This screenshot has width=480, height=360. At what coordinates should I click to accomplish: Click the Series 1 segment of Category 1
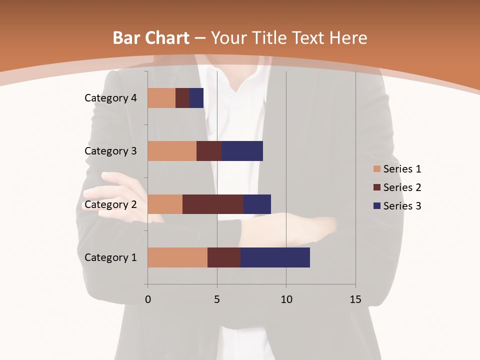point(177,257)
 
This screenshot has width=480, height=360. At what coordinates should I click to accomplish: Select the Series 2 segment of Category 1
point(224,257)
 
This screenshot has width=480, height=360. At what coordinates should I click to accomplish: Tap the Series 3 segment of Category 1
point(275,257)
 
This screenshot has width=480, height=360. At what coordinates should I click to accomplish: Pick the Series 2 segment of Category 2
point(213,204)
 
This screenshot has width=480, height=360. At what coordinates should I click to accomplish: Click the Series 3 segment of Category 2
point(257,204)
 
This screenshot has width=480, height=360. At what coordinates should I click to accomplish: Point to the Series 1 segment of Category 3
point(172,151)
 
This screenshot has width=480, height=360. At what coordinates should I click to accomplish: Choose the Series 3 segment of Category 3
point(242,151)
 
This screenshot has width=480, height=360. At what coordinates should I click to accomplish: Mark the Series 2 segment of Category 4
point(182,98)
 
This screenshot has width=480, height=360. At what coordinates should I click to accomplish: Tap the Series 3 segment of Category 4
point(196,98)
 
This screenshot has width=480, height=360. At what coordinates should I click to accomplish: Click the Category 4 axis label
point(110,98)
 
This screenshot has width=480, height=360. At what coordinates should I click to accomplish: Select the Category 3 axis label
point(110,151)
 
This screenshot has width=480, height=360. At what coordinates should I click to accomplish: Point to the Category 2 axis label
point(110,204)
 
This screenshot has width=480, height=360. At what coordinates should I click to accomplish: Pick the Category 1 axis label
point(110,257)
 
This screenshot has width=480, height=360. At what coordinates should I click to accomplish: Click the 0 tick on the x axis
point(147,299)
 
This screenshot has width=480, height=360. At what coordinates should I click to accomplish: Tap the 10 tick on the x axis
point(286,299)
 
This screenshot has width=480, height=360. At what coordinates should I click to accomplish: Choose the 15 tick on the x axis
point(355,299)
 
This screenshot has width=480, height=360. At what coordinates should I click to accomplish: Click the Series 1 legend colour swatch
point(377,169)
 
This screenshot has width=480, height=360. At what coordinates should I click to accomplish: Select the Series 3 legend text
point(402,206)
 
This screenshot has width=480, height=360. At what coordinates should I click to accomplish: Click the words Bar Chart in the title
point(151,38)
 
